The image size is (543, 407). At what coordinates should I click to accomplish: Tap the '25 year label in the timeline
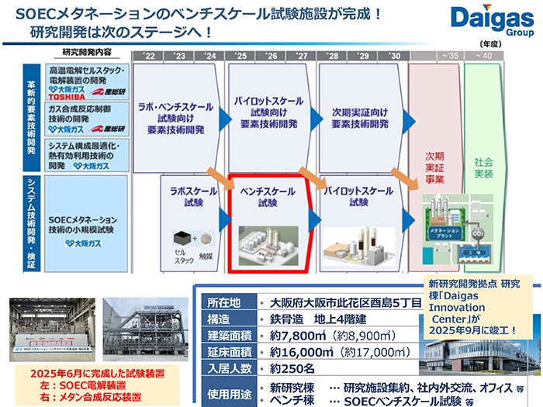click(240, 56)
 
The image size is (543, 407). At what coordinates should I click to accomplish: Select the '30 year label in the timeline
click(393, 56)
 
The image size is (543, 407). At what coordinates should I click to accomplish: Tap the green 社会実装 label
click(483, 169)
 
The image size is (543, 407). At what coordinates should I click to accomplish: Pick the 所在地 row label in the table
click(225, 302)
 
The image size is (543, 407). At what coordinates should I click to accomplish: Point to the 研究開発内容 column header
click(86, 52)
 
